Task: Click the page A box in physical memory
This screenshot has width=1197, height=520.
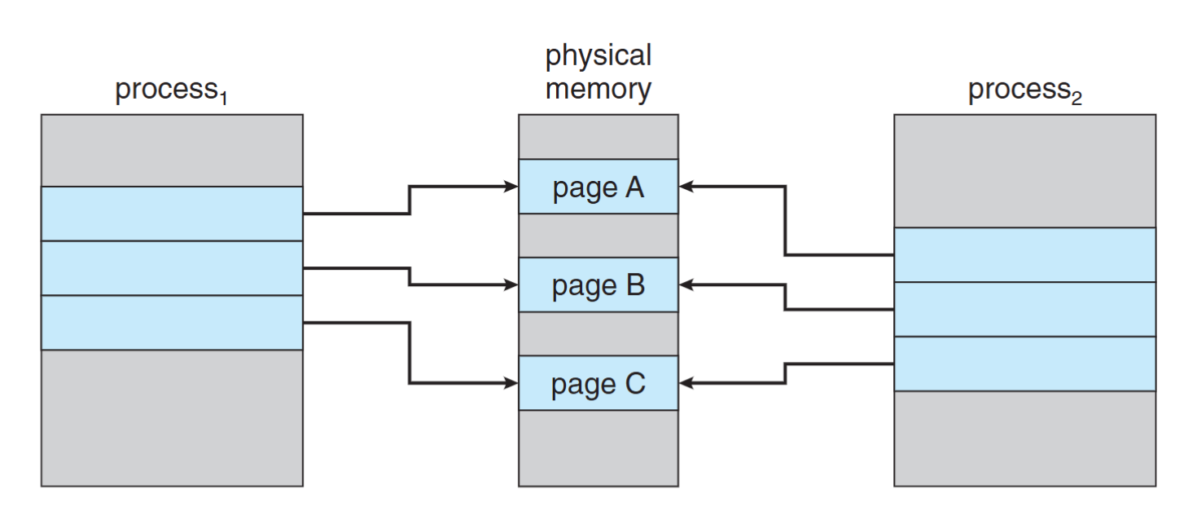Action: (598, 187)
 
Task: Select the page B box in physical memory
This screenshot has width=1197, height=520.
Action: (598, 284)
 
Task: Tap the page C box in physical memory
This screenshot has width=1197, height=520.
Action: (598, 383)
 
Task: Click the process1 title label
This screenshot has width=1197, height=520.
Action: (171, 90)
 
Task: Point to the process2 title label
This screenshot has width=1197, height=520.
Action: (1024, 90)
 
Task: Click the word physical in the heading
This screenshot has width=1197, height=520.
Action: (598, 56)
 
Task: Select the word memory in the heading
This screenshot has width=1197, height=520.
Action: (598, 89)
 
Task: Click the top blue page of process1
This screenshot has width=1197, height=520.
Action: (172, 214)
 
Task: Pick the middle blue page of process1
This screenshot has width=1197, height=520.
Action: (172, 268)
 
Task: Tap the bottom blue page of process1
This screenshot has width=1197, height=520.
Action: (172, 323)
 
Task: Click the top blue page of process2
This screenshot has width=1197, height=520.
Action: (1024, 255)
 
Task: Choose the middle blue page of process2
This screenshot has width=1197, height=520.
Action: (1024, 309)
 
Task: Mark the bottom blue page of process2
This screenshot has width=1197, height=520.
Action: (1024, 364)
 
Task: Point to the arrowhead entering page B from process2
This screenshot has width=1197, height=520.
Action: (686, 284)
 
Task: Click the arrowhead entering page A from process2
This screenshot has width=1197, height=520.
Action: (686, 187)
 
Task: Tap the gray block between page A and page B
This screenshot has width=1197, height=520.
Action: (598, 236)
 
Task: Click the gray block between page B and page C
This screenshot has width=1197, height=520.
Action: (598, 333)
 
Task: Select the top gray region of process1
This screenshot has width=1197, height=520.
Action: (172, 150)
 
